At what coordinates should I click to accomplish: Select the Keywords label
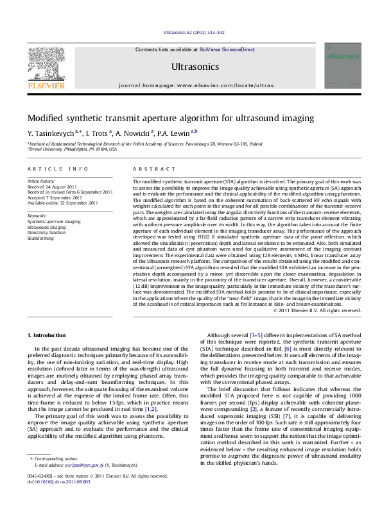click(x=38, y=216)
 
